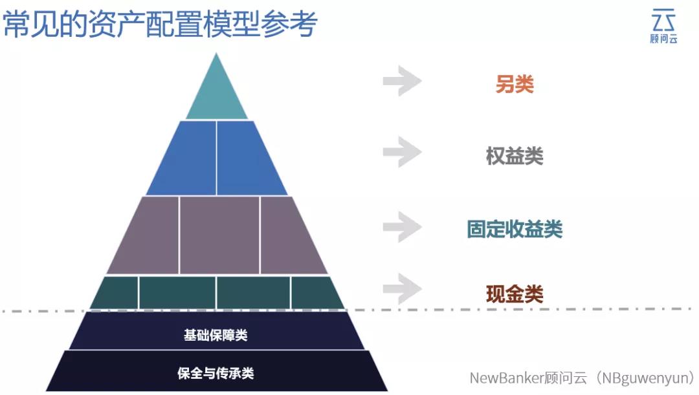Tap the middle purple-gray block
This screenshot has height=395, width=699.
219,235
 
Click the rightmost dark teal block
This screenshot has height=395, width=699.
315,293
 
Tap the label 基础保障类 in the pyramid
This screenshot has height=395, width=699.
216,336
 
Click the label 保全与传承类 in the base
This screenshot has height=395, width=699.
216,373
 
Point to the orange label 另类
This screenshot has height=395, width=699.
515,84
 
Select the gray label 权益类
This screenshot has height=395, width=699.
515,156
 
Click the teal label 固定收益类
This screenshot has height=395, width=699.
515,230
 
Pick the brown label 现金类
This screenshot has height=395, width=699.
515,295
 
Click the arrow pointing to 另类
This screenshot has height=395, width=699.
402,81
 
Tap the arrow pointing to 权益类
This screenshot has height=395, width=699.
402,153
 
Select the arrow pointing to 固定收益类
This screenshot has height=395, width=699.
402,226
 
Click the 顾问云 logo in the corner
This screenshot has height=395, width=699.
663,26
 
